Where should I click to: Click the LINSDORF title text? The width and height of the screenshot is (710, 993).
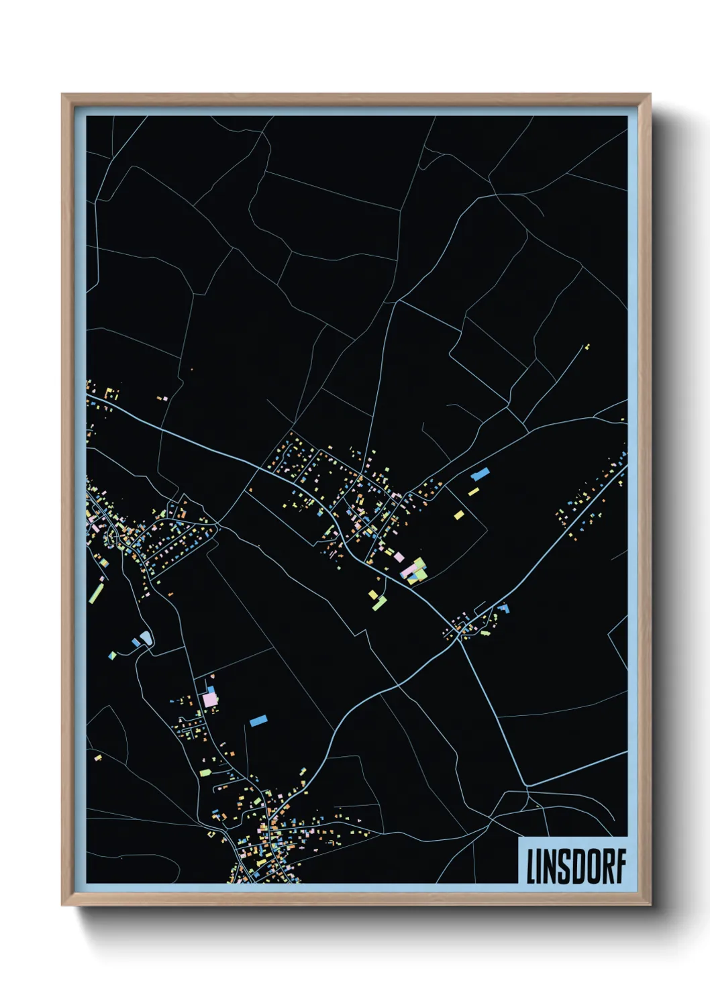pyautogui.click(x=576, y=866)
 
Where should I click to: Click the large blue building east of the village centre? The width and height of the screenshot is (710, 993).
pyautogui.click(x=480, y=474)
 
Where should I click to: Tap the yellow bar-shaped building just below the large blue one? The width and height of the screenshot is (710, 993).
pyautogui.click(x=473, y=492)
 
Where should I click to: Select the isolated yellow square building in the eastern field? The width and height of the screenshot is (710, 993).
pyautogui.click(x=459, y=515)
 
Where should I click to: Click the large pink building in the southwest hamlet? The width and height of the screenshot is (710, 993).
pyautogui.click(x=210, y=699)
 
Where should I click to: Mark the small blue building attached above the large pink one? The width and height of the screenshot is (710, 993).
pyautogui.click(x=211, y=689)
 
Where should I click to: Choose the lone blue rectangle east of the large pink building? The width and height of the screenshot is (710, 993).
pyautogui.click(x=258, y=721)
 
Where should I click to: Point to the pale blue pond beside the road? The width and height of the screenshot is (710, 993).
pyautogui.click(x=145, y=637)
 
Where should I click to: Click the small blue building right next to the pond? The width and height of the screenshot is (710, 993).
pyautogui.click(x=136, y=643)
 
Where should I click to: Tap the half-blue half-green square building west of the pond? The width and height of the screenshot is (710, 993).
pyautogui.click(x=113, y=655)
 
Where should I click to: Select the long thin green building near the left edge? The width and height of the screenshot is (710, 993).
pyautogui.click(x=97, y=592)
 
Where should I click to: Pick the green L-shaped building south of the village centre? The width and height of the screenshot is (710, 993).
pyautogui.click(x=380, y=603)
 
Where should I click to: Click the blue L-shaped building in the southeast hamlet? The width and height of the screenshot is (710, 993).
pyautogui.click(x=503, y=609)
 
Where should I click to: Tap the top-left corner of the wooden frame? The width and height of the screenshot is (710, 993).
pyautogui.click(x=62, y=95)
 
